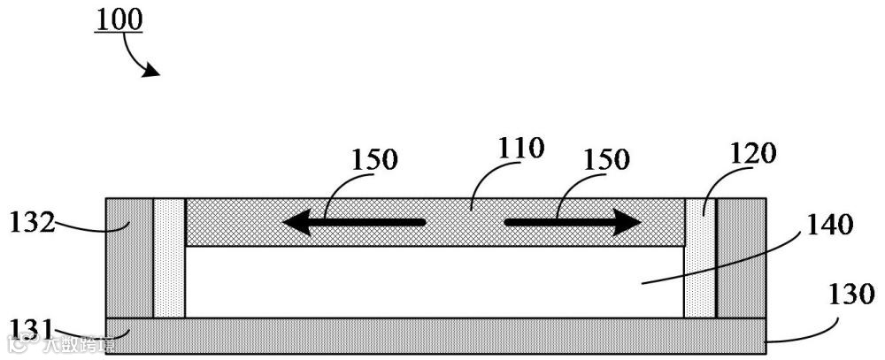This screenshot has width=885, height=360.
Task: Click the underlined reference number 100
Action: (118, 19)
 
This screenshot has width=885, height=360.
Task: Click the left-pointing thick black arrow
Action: (353, 222)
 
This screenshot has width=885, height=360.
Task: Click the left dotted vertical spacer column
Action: (169, 257)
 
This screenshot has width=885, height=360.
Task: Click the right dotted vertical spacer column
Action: (700, 257)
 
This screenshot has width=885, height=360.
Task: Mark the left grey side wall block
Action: (129, 257)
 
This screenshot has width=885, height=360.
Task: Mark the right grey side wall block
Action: (742, 257)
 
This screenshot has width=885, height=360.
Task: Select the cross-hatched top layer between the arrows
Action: (465, 222)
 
